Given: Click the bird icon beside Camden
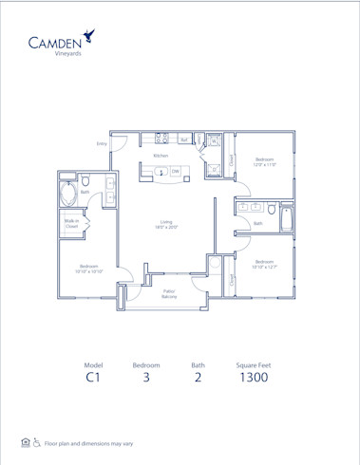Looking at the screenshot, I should pos(90,37).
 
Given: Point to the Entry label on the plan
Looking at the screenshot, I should pos(102,143).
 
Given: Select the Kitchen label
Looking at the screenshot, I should pos(161,155).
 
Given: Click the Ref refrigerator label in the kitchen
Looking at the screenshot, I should pos(182,139).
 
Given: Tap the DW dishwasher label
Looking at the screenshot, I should pos(176,172).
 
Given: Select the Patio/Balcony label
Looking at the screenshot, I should pos(169,294).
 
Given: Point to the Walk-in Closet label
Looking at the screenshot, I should pos(71,224).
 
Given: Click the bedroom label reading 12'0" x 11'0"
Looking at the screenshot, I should pos(263,161).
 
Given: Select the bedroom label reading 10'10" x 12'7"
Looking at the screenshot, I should pos(263,265).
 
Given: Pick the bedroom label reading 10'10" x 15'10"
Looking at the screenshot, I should pos(89,269).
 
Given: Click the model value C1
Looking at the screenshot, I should pos(93,378).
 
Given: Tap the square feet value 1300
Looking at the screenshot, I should pos(254,378).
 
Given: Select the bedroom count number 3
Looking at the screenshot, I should pos(145,378).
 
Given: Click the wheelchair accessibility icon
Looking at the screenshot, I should pos(37,442).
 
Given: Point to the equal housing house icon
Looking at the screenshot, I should pos(25,442).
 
